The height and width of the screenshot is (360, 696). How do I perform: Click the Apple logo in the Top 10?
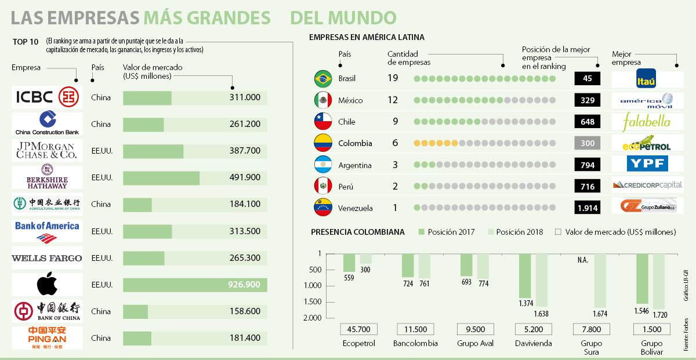point(47,285)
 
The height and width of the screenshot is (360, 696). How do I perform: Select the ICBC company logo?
point(47,97)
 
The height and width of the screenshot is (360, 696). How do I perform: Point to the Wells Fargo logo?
point(47,258)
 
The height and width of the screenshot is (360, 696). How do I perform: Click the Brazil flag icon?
point(322,78)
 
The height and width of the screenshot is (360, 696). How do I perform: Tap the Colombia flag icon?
point(322,143)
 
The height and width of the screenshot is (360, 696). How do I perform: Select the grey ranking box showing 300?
point(587,143)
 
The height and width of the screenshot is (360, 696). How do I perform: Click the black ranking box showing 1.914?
point(587,208)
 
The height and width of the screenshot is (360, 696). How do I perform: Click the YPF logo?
point(647,165)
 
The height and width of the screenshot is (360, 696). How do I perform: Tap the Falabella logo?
point(647,122)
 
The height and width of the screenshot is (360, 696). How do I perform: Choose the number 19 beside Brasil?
point(393,78)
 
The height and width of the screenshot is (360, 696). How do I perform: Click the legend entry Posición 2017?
point(447,232)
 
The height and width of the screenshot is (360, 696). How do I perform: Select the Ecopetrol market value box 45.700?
point(359,329)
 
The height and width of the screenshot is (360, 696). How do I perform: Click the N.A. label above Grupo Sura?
point(582,260)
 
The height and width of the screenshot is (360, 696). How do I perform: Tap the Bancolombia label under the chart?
point(415,343)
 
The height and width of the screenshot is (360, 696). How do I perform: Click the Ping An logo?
point(47,338)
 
